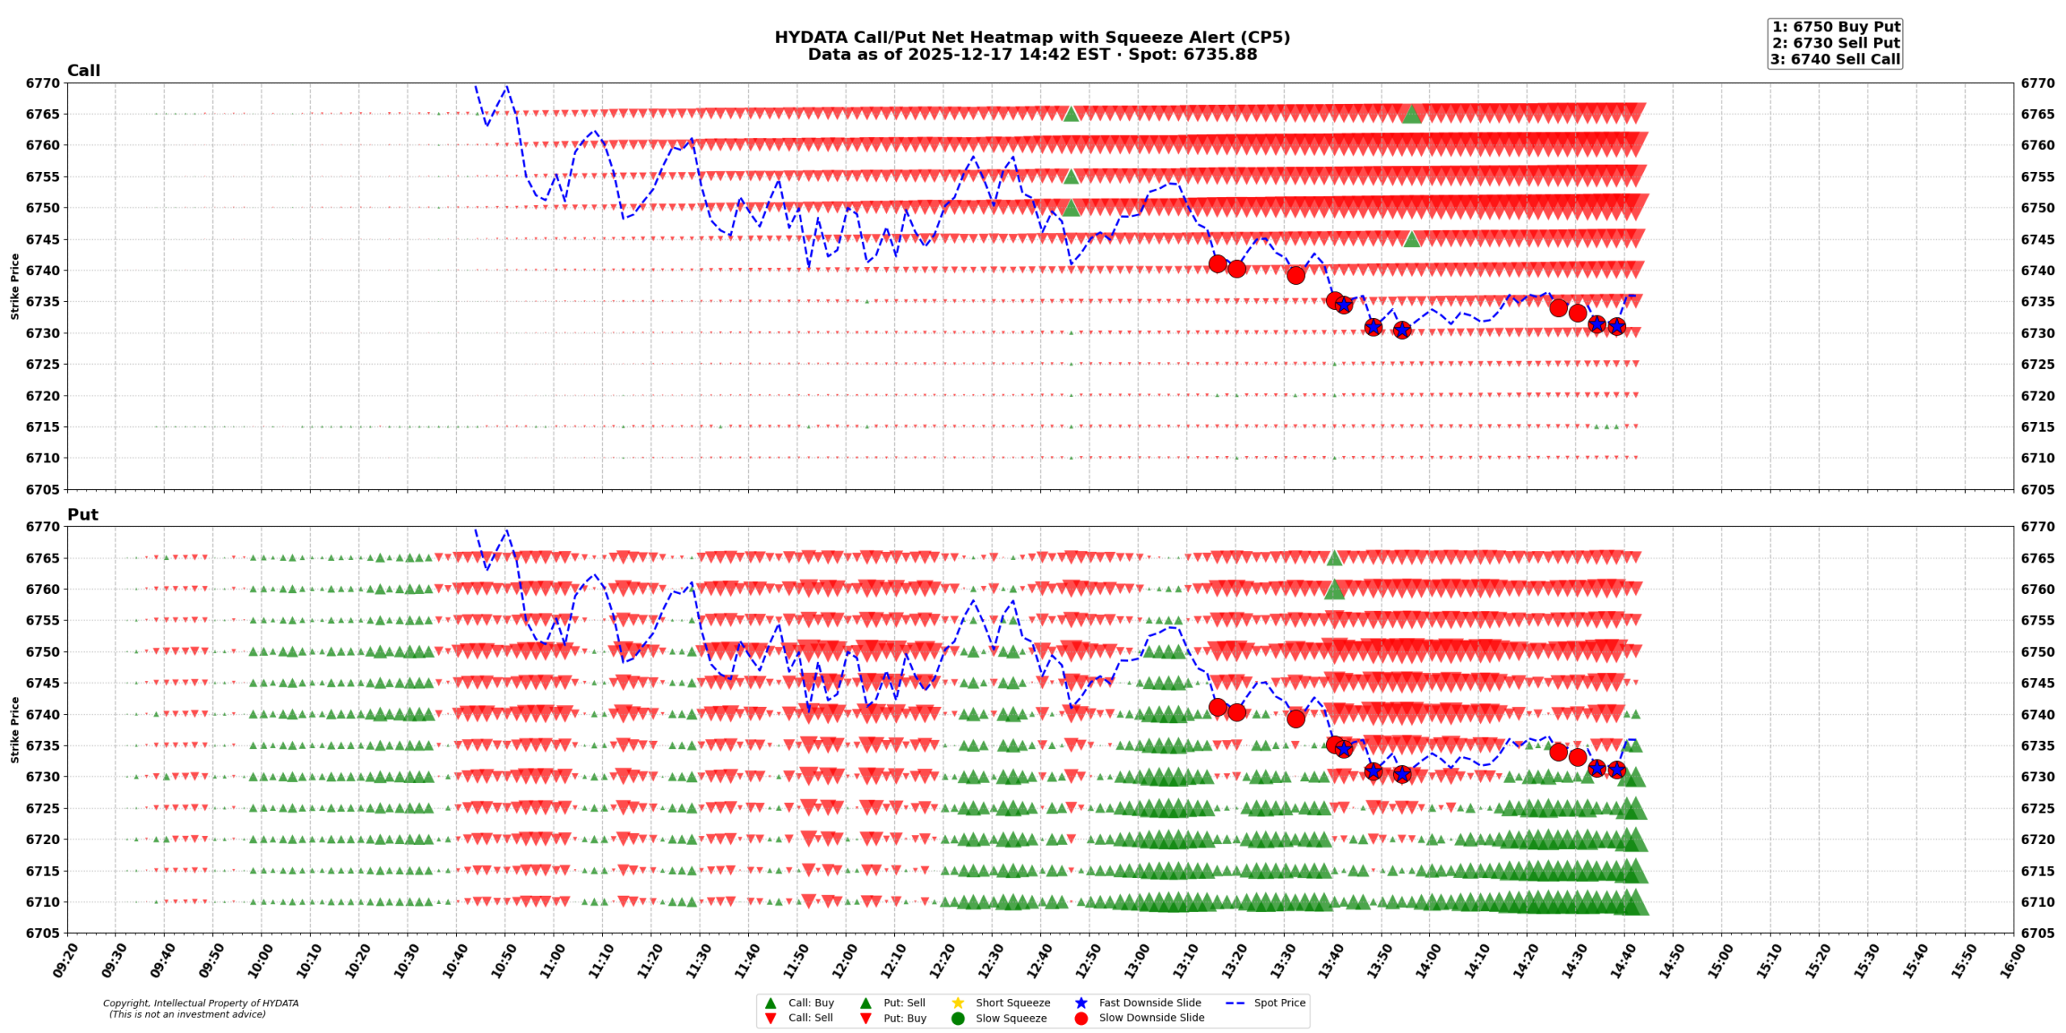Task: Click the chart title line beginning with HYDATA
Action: pos(1031,37)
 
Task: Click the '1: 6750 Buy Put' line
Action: pos(1835,27)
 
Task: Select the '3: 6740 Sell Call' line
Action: pos(1834,59)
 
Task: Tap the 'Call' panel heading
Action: pos(83,70)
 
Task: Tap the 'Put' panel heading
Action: pos(82,514)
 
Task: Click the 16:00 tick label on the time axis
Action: pos(2007,962)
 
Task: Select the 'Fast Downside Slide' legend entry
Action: pos(1149,1002)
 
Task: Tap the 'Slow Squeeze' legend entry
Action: pos(1010,1018)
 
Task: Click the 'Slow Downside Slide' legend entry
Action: pos(1151,1018)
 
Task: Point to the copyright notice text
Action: pos(200,1009)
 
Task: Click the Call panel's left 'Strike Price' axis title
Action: pos(15,286)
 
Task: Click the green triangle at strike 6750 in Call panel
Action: pos(1071,208)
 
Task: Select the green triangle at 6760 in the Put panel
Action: pos(1334,590)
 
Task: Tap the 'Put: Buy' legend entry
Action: pos(904,1018)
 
